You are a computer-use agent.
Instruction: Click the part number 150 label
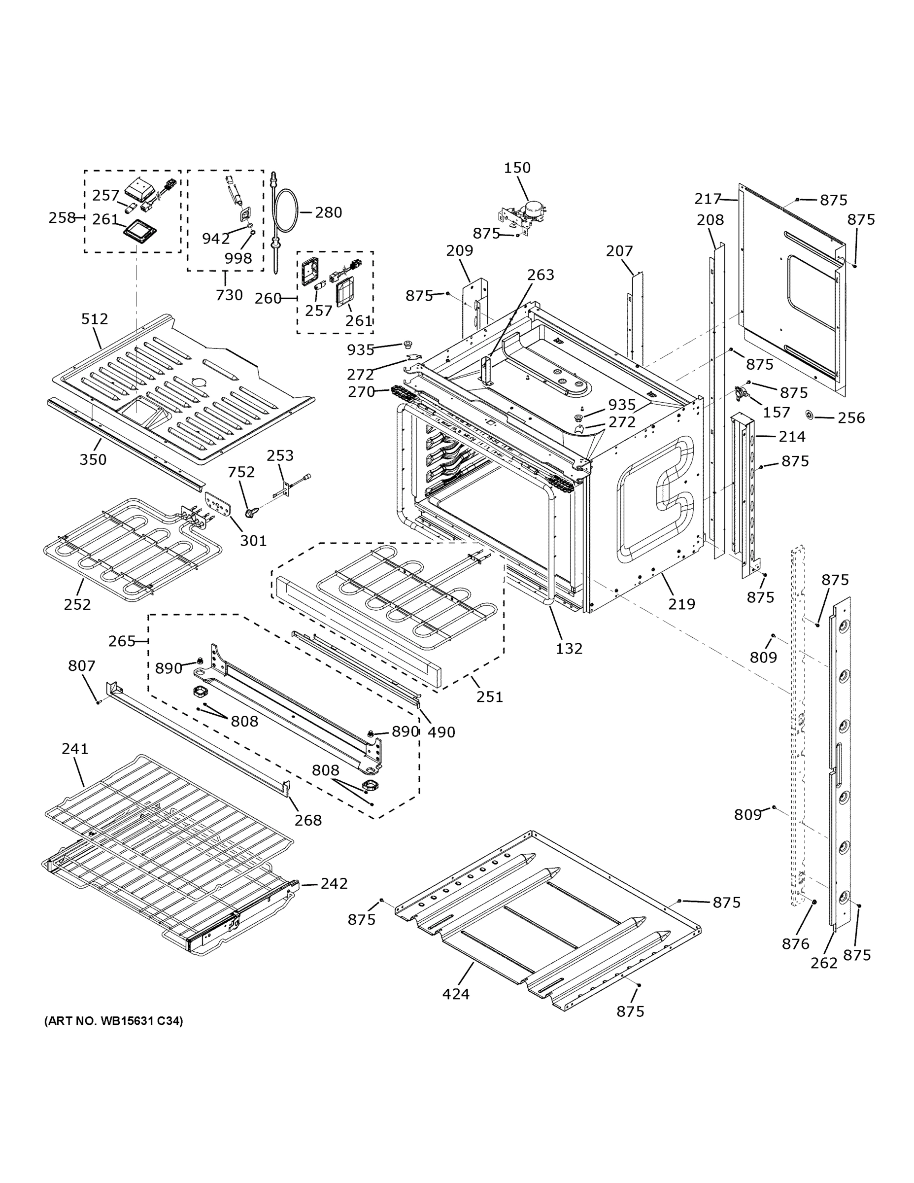tap(517, 168)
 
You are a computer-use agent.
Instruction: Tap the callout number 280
tap(328, 212)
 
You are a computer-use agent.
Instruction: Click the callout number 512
tap(95, 319)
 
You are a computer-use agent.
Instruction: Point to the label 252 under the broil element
tap(77, 604)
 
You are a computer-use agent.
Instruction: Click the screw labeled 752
tap(250, 511)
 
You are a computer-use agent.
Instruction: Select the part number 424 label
tap(456, 994)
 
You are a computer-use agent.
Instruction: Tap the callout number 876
tap(795, 944)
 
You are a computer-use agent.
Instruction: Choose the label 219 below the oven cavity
tap(681, 604)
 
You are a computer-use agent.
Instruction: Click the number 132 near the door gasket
tap(569, 648)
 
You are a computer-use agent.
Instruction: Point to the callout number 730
tap(229, 295)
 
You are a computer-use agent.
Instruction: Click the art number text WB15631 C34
tap(114, 1021)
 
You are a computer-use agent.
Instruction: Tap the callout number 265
tap(121, 641)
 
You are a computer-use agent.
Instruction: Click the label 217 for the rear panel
tap(708, 199)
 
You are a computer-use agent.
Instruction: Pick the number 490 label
tap(441, 732)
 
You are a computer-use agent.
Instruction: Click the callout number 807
tap(82, 666)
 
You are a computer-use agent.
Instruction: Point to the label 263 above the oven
tap(541, 275)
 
